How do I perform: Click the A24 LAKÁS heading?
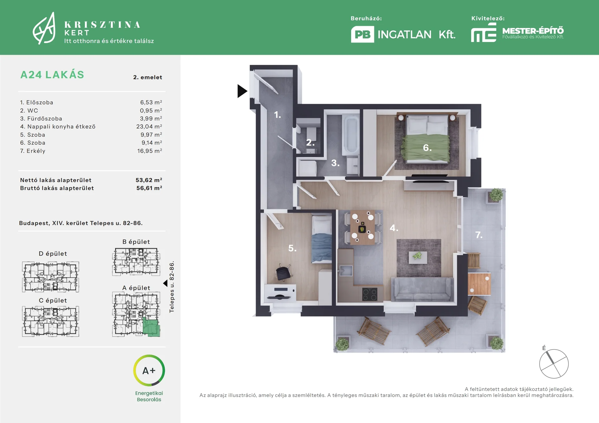[52, 75]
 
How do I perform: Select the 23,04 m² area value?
[149, 127]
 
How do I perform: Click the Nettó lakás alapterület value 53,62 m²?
[149, 180]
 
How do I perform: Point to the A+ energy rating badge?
[149, 371]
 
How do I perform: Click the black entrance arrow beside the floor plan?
[242, 91]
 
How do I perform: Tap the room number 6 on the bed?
[427, 148]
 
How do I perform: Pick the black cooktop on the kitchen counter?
[370, 294]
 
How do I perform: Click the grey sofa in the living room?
[422, 289]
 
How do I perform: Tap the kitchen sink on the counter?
[346, 270]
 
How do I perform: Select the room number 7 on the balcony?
[479, 235]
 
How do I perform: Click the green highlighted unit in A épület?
[151, 327]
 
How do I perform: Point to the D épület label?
[53, 254]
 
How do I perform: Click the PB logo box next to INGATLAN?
[363, 34]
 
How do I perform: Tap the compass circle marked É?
[554, 364]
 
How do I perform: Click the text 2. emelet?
[148, 77]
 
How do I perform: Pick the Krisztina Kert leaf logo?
[44, 28]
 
